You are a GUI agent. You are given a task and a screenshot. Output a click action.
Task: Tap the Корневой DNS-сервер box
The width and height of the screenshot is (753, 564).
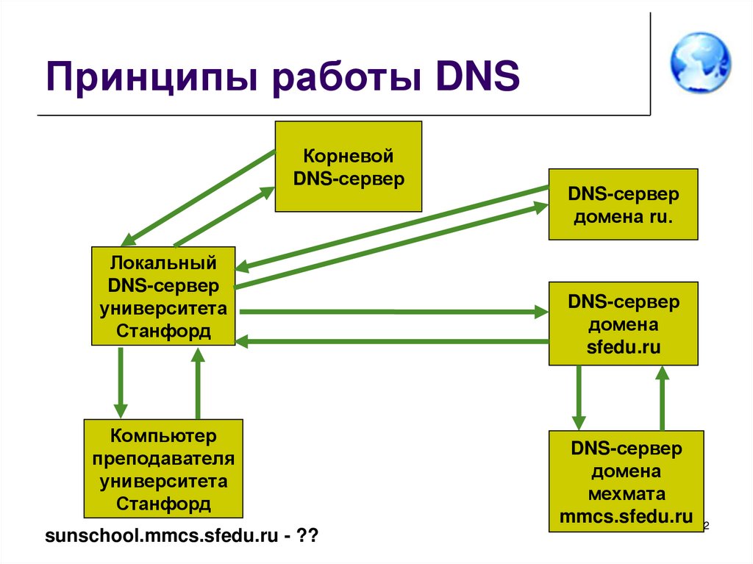click(x=349, y=167)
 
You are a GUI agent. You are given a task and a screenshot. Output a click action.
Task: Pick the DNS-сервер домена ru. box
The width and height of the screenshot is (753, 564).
click(x=623, y=204)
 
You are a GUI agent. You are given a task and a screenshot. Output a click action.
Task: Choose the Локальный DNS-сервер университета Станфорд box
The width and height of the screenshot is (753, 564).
click(x=163, y=296)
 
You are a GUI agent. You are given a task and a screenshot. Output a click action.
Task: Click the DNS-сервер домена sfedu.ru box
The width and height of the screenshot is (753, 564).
click(x=624, y=324)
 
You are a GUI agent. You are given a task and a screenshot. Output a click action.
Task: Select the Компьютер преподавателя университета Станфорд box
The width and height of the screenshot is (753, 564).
click(x=163, y=469)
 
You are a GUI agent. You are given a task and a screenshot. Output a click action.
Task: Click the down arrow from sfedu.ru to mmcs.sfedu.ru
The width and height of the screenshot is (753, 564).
click(x=579, y=397)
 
